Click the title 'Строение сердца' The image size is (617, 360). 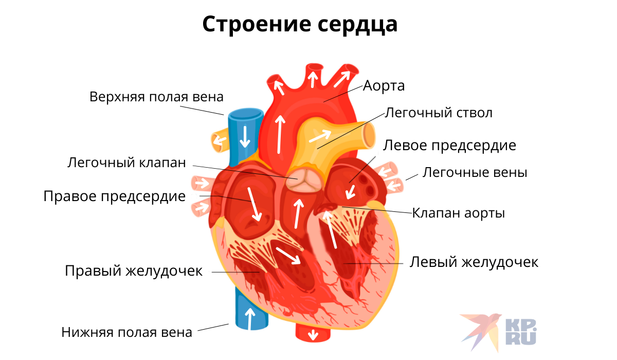[300, 25]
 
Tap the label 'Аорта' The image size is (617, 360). [384, 86]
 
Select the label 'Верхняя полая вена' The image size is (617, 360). [156, 97]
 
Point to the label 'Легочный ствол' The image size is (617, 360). [439, 113]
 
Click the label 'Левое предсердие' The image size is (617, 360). [449, 146]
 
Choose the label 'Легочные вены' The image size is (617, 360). [475, 172]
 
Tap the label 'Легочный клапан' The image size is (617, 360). [126, 163]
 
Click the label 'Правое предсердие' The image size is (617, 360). [115, 196]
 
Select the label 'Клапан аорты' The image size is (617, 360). [458, 213]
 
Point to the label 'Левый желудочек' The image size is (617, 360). [474, 262]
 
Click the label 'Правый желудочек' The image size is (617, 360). [134, 271]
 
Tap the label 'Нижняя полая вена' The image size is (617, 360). [126, 332]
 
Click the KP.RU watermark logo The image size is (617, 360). [498, 332]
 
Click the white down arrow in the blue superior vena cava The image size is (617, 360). [245, 137]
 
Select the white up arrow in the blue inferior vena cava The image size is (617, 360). [250, 319]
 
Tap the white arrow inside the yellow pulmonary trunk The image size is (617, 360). [320, 136]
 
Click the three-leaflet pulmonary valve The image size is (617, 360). [304, 179]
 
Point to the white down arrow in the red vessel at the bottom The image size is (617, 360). [313, 335]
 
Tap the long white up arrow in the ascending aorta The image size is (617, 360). [280, 134]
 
